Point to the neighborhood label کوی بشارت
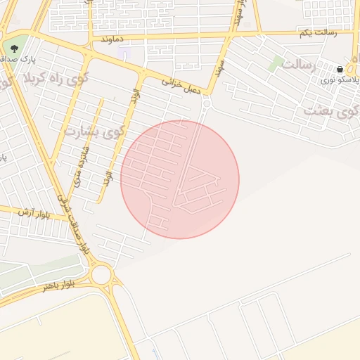click(x=94, y=131)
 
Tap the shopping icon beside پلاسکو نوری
click(x=340, y=70)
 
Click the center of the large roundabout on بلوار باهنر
click(x=101, y=274)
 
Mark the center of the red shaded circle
click(x=180, y=179)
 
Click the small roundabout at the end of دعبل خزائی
click(x=206, y=104)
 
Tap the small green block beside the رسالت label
click(x=276, y=63)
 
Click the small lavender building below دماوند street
click(x=125, y=54)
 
